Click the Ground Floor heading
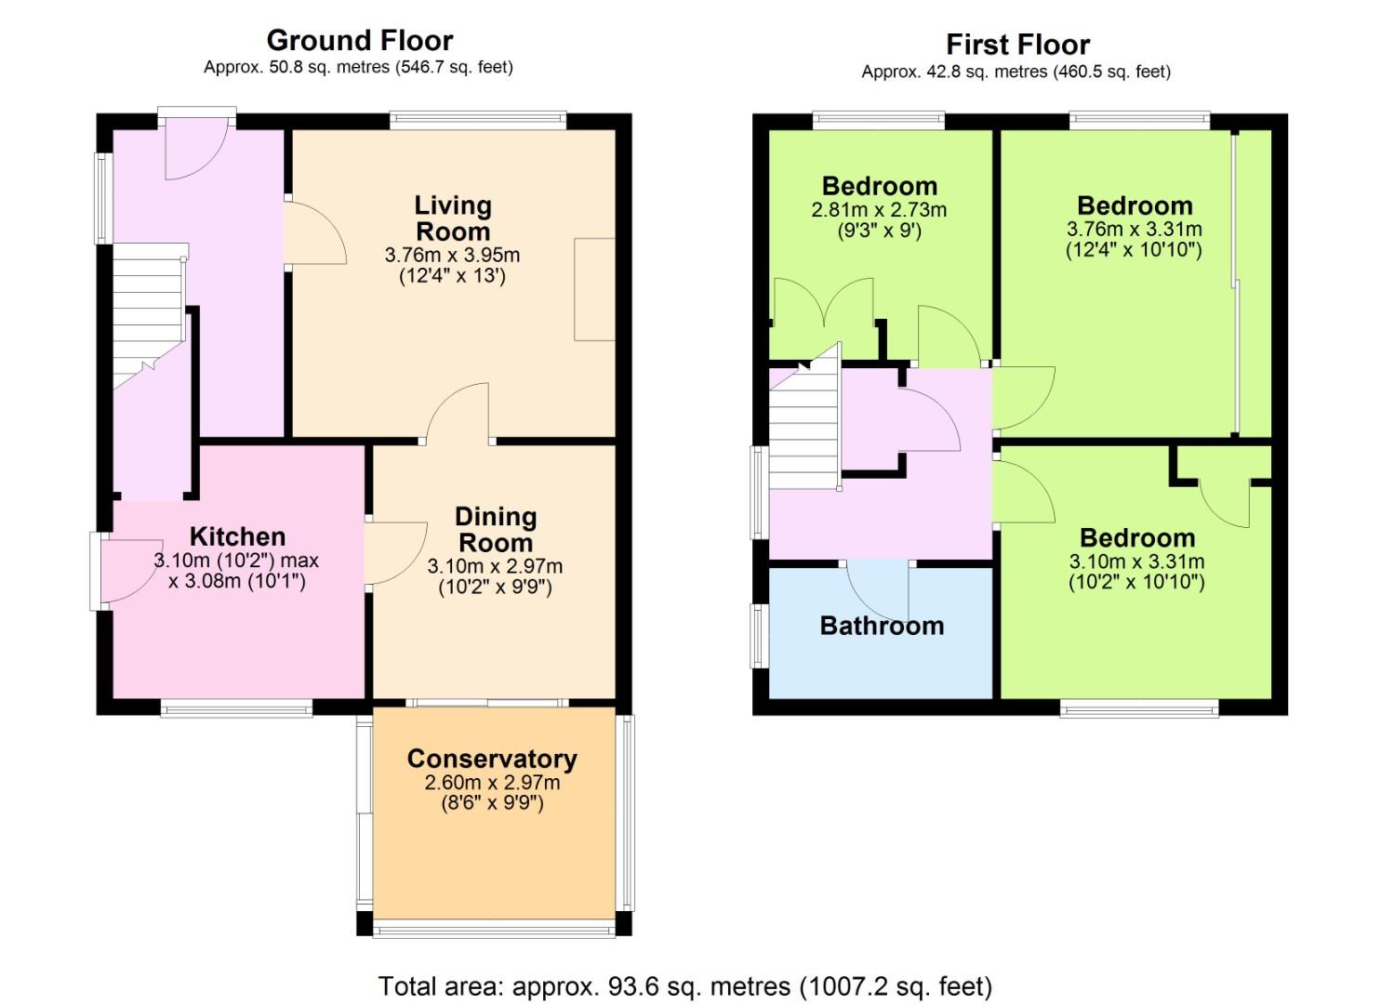pos(359,41)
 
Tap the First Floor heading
pos(1018,45)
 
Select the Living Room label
pos(453,218)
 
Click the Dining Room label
pos(496,530)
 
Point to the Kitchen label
pos(237,536)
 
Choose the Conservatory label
pos(492,760)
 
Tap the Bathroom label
pos(882,627)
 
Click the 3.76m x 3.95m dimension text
pos(452,255)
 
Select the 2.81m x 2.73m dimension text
pos(879,210)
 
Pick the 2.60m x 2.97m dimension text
pos(492,783)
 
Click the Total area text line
pos(685,986)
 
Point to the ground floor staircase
pos(149,317)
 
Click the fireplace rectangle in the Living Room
pos(594,289)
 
